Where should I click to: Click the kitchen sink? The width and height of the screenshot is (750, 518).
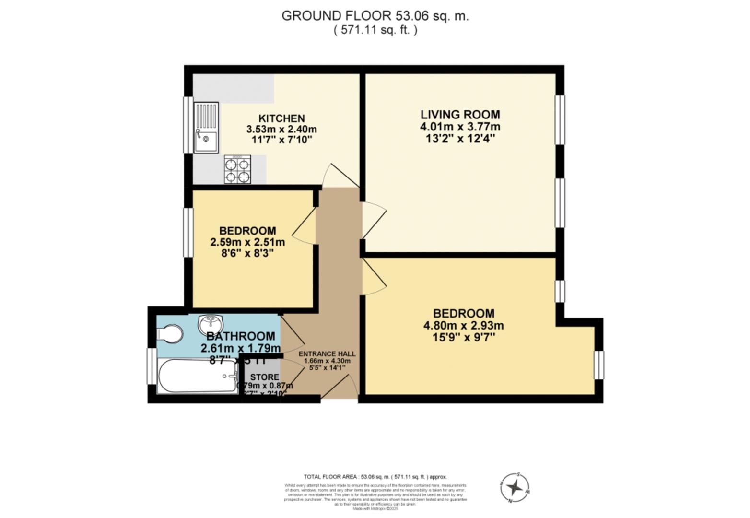(x=206, y=128)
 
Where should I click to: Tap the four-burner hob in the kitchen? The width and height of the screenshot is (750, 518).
(x=237, y=169)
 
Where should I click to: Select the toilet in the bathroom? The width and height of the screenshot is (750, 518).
(x=170, y=334)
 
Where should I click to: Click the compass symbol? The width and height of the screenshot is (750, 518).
(x=515, y=488)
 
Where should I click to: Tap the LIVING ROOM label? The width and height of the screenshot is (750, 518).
(x=460, y=115)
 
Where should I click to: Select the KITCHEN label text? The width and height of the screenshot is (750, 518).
(x=281, y=118)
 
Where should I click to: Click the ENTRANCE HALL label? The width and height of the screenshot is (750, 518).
(x=327, y=354)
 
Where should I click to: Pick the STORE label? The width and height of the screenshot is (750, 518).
(x=264, y=377)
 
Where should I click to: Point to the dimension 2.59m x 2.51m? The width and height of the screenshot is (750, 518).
(x=247, y=242)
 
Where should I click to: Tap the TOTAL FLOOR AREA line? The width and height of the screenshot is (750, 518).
(x=375, y=477)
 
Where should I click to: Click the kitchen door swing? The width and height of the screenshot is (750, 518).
(x=338, y=176)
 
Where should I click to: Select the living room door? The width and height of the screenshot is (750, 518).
(x=374, y=220)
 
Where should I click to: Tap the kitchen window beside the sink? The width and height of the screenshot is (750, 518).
(x=188, y=126)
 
